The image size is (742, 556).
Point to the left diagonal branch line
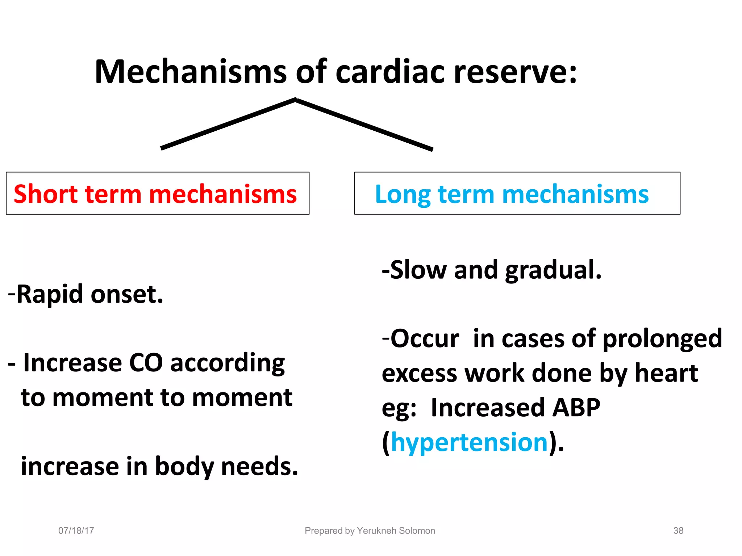228,123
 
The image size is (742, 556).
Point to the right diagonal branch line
364,124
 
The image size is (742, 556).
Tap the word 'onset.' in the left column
127,294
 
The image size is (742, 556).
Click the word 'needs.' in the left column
259,466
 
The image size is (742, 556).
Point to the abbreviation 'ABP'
576,408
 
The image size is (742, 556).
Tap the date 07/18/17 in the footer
76,531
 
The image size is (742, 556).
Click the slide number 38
678,531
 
